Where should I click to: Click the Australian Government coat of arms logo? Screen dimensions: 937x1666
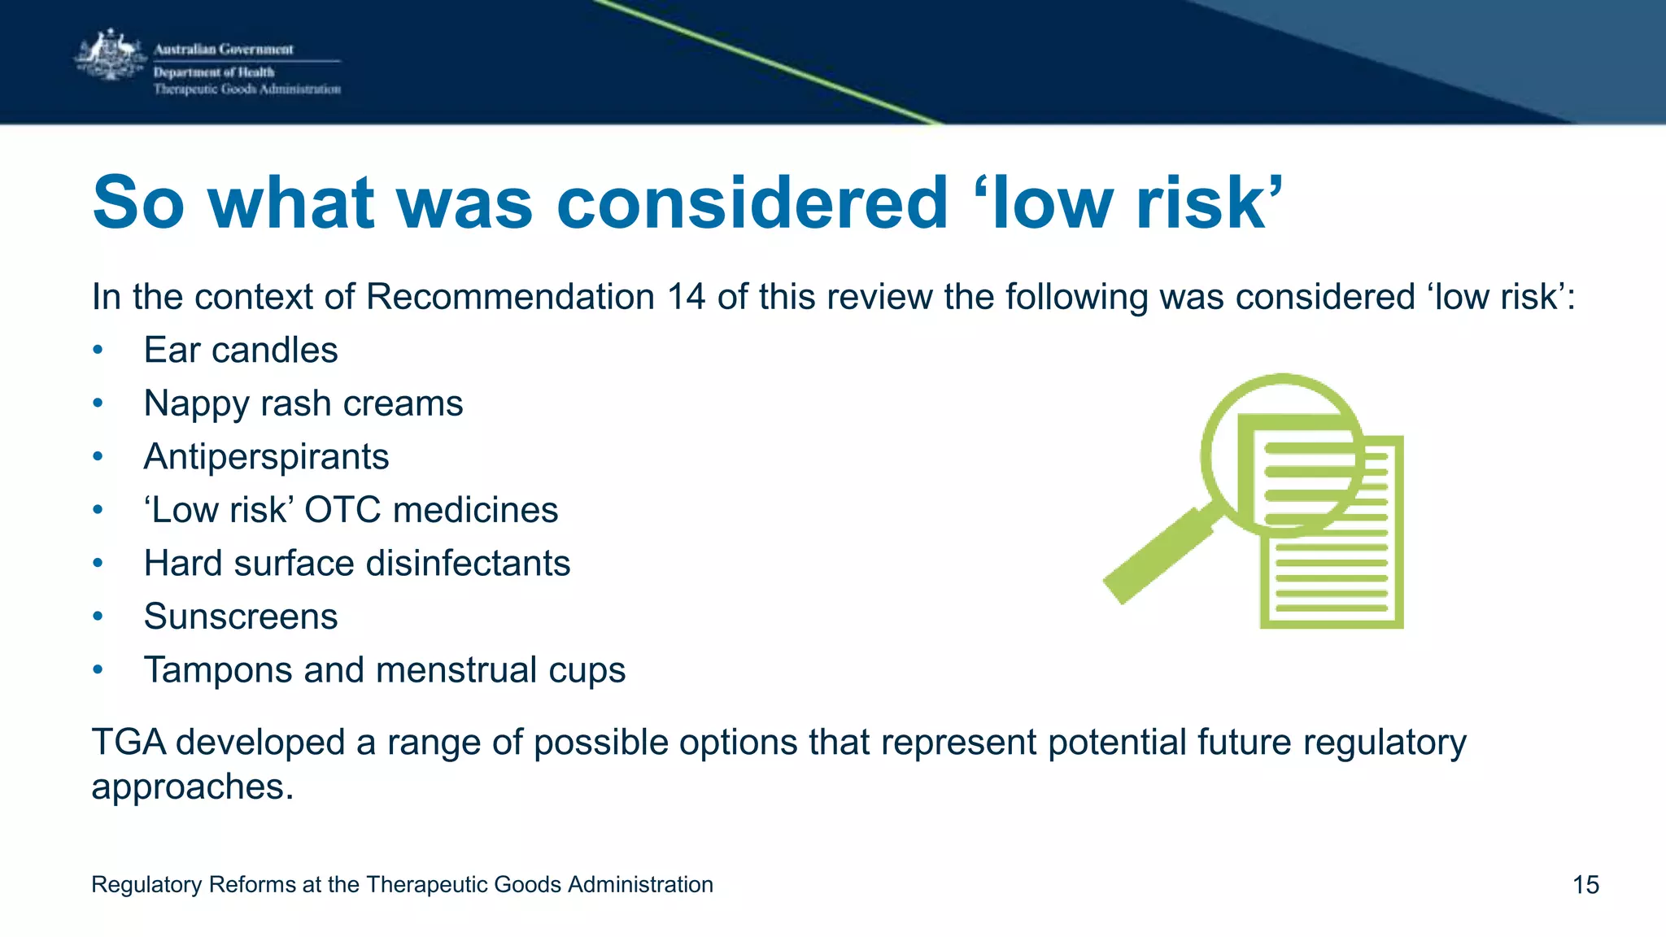click(110, 55)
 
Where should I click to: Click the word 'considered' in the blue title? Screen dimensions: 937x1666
click(752, 203)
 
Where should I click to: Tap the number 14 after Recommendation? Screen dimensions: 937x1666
click(686, 297)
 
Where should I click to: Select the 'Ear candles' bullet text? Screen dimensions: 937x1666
click(241, 351)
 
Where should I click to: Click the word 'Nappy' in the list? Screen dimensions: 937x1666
click(196, 404)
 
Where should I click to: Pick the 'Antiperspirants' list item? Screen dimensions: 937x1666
click(266, 457)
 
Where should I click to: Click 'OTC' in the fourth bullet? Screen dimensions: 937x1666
click(342, 511)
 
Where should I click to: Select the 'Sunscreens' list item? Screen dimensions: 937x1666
click(241, 617)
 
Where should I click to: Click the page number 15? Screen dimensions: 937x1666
click(1585, 885)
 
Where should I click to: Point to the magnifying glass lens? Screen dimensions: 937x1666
click(1283, 455)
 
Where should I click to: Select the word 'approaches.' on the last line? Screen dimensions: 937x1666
click(192, 787)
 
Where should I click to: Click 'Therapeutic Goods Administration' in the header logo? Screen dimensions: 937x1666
click(247, 89)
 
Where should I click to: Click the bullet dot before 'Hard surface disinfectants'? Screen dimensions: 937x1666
click(98, 564)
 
